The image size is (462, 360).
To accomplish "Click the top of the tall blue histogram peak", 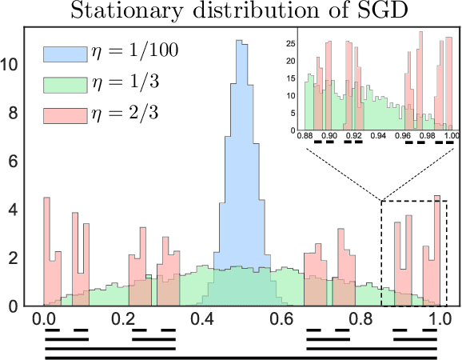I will tap(240, 42).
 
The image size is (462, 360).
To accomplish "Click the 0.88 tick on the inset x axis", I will tap(305, 136).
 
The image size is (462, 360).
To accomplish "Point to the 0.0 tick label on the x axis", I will tap(45, 318).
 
